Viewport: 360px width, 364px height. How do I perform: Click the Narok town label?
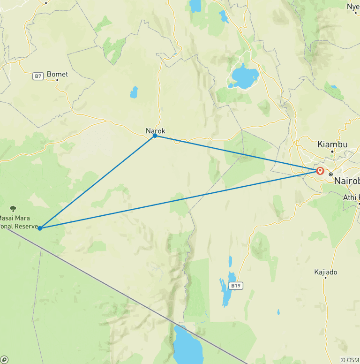click(156, 131)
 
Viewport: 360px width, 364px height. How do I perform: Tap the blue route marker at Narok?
click(155, 136)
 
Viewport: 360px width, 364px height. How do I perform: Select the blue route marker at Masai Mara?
click(40, 228)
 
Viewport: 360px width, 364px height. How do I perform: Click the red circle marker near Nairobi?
click(321, 171)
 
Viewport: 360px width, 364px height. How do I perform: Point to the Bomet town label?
click(57, 74)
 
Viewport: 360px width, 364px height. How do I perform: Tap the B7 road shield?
click(38, 76)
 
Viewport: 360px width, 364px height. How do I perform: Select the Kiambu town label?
click(332, 144)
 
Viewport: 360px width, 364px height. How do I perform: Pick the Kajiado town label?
click(325, 272)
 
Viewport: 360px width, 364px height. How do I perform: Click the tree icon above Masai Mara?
click(13, 209)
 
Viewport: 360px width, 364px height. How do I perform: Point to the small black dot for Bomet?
click(57, 80)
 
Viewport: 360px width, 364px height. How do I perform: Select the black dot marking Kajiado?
click(325, 278)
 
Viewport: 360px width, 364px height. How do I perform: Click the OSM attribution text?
click(350, 360)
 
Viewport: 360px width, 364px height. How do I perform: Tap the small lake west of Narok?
click(135, 92)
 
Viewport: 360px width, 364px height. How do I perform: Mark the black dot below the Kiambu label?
click(332, 151)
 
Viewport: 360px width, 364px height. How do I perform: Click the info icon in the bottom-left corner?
click(4, 360)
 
